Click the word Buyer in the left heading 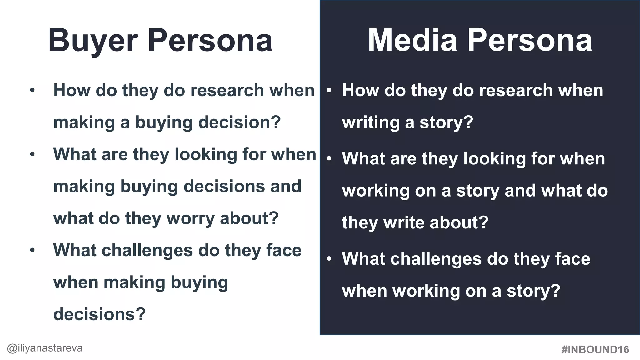pos(93,41)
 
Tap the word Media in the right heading pos(412,40)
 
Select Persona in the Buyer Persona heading pos(210,40)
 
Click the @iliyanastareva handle pos(45,348)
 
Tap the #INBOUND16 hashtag pos(595,349)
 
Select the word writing pos(371,122)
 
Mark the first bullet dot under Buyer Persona pos(32,91)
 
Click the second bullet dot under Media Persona pos(329,159)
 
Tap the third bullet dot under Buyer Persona pos(32,251)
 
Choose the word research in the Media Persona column pos(516,90)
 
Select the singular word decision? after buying pos(240,122)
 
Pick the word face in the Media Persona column pos(572,259)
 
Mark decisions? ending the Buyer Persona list pos(99,314)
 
